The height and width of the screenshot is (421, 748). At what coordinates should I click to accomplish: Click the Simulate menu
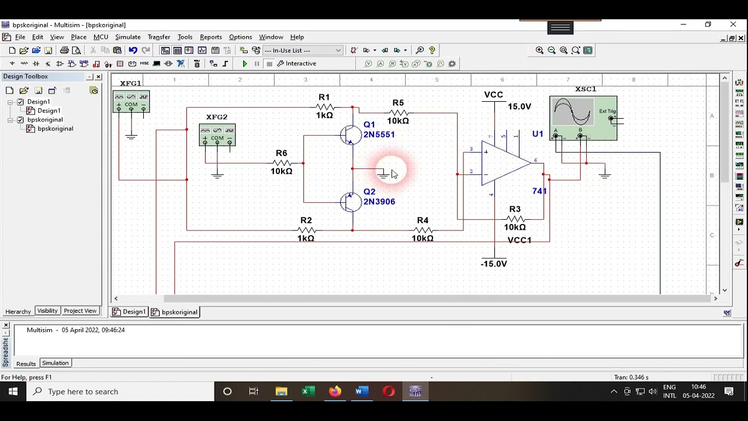(x=127, y=37)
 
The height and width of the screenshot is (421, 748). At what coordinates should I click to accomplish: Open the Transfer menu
(x=158, y=37)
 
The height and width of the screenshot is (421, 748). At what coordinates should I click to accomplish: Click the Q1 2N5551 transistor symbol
(x=351, y=136)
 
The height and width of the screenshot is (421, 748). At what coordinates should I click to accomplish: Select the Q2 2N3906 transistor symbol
(x=351, y=202)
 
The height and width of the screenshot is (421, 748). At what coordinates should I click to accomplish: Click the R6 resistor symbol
(x=282, y=163)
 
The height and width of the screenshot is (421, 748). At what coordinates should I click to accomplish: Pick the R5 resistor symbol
(x=398, y=112)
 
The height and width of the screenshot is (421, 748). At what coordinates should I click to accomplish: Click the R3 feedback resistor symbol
(x=515, y=218)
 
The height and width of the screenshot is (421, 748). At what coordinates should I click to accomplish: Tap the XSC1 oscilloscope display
(x=573, y=112)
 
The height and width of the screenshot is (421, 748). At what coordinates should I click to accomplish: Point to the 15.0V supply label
(x=519, y=106)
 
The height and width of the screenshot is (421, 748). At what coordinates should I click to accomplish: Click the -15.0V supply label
(x=494, y=264)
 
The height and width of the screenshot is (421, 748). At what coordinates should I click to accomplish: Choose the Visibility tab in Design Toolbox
(x=47, y=311)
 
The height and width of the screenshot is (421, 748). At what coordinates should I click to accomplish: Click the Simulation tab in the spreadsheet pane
(x=55, y=363)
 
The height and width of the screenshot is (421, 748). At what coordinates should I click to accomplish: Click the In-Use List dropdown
(x=303, y=50)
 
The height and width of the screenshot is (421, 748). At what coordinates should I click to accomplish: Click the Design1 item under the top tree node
(x=49, y=111)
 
